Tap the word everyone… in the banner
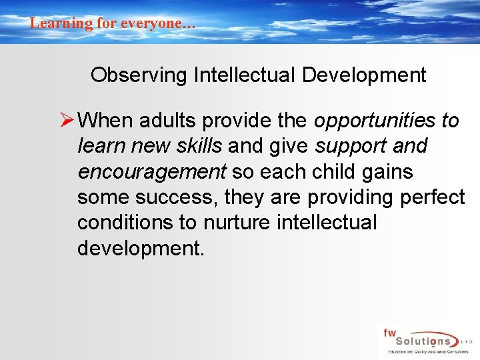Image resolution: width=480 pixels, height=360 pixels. point(157,23)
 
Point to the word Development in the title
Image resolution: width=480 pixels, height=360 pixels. point(364,75)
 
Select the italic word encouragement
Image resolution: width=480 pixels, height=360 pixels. point(152,171)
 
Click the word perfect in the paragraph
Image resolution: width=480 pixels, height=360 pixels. point(432,197)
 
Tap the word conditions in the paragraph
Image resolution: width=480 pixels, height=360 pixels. point(127,222)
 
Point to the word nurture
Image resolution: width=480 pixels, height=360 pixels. point(239,222)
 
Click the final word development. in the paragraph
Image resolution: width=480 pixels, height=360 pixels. point(140,247)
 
